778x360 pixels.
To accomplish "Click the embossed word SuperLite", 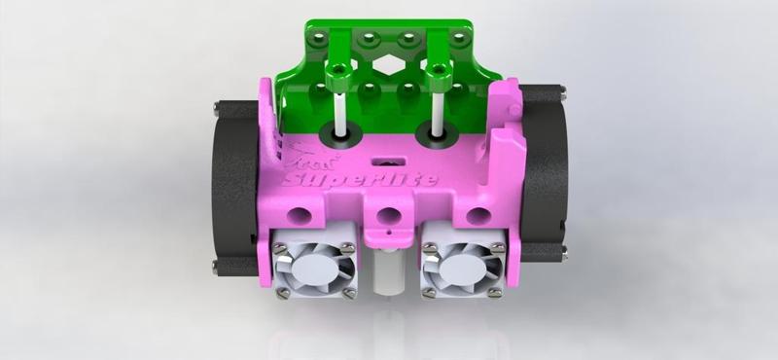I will [x=358, y=178].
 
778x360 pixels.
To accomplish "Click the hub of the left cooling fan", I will [x=312, y=265].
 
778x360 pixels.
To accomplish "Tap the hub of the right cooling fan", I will [x=464, y=265].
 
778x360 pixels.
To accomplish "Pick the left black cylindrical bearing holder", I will [x=233, y=180].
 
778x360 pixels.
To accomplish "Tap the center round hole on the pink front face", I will [x=388, y=215].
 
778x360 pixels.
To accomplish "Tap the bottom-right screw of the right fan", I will [x=500, y=293].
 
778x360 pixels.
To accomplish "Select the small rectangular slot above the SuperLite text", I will [x=388, y=157].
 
